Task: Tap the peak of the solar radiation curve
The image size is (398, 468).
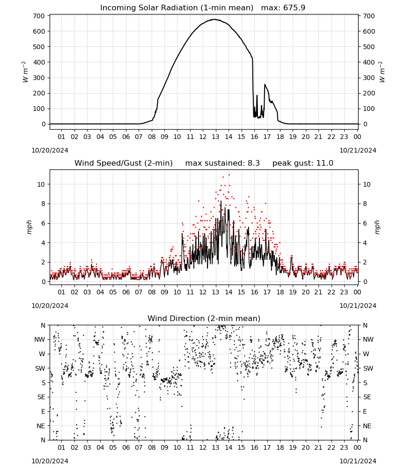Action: (x=214, y=19)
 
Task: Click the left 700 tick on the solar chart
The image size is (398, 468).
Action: (x=39, y=16)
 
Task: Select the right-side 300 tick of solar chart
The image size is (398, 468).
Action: (x=369, y=78)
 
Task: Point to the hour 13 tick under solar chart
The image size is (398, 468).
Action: (x=215, y=137)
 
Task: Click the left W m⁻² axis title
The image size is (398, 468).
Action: (x=25, y=72)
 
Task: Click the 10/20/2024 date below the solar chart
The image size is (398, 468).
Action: (x=50, y=150)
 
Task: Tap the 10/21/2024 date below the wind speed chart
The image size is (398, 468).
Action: (x=358, y=306)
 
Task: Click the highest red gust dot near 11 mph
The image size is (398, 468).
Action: (x=229, y=175)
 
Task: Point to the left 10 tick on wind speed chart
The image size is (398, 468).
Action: (x=41, y=184)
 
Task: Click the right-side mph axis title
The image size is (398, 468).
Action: (x=377, y=227)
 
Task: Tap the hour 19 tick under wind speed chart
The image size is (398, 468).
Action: (x=293, y=292)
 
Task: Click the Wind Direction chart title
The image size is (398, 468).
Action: (x=204, y=318)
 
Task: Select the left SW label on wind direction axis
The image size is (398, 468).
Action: (x=40, y=368)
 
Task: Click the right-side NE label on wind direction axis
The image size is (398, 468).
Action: (x=367, y=426)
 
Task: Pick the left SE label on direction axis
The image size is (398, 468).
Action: (x=41, y=397)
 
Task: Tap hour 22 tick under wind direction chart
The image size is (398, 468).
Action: (x=331, y=447)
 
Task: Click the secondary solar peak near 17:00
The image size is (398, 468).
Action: (x=265, y=84)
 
